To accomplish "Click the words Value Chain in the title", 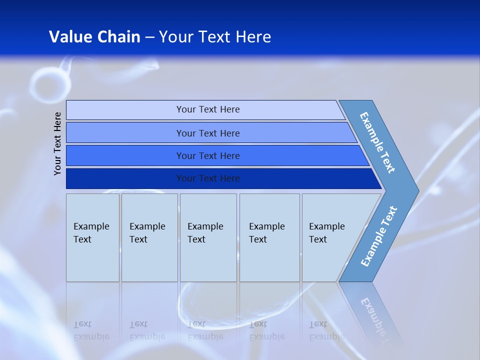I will pyautogui.click(x=94, y=36).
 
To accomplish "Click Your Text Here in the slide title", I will pyautogui.click(x=215, y=36).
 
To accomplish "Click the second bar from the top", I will pyautogui.click(x=208, y=133).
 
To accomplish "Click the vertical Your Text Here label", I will pyautogui.click(x=57, y=143).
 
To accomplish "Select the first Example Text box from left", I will pyautogui.click(x=92, y=237).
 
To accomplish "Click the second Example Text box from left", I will pyautogui.click(x=149, y=237).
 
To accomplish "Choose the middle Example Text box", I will pyautogui.click(x=208, y=237).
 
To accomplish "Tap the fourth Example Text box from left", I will pyautogui.click(x=269, y=237).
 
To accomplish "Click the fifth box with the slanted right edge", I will pyautogui.click(x=330, y=237).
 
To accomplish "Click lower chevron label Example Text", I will pyautogui.click(x=379, y=236).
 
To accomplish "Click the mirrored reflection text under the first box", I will pyautogui.click(x=91, y=330).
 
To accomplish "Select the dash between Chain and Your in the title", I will pyautogui.click(x=149, y=37).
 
